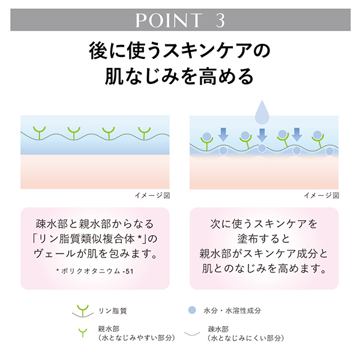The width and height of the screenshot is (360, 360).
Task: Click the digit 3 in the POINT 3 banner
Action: coord(220,20)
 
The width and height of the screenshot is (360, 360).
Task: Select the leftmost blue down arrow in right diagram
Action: coord(223,135)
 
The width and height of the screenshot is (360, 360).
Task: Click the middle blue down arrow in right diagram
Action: coord(262,135)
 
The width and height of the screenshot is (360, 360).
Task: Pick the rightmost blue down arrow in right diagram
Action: coord(297,134)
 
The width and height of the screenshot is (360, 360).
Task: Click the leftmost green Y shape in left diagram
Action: coord(39,133)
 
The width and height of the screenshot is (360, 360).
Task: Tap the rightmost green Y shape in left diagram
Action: coord(144,133)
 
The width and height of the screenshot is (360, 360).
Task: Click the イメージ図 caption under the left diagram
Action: coord(152,196)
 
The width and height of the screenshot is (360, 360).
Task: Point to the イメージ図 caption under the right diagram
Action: coord(322,196)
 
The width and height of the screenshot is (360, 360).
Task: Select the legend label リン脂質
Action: coord(113,311)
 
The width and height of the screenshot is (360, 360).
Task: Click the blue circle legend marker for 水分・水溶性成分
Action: coord(192,310)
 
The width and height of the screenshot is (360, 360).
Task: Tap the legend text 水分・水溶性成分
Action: coord(232,311)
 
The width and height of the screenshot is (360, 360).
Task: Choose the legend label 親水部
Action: coord(109,329)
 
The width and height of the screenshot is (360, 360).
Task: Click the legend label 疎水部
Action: coord(218,329)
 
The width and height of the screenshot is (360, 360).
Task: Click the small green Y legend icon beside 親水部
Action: coord(83,332)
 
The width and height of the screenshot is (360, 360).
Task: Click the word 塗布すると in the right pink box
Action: coord(264,239)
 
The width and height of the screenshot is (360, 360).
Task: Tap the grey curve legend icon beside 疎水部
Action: coord(192,334)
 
